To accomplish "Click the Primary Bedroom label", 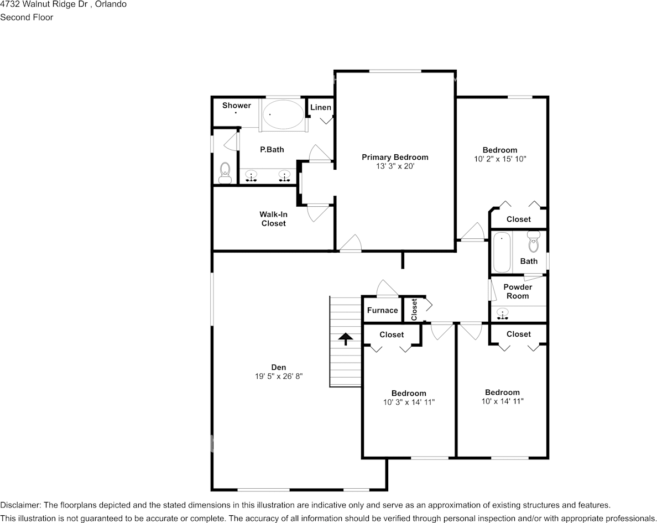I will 395,158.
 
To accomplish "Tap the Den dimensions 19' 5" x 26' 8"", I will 279,376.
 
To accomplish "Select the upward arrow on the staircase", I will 346,338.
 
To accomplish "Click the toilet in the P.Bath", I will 225,172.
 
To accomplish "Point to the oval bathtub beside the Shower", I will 282,114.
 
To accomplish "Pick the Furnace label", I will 382,310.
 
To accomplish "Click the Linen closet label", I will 320,107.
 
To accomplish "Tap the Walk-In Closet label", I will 273,219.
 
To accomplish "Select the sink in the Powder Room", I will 502,314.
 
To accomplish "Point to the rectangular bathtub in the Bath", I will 502,252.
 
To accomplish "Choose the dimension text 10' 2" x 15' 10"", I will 500,159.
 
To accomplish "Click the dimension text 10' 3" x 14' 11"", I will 409,402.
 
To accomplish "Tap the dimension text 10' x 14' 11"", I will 502,401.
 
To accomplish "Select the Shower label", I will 237,106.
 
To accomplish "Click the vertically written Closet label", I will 414,310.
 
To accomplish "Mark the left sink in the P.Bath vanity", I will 252,176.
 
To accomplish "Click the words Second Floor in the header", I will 27,17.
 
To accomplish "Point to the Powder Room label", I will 518,291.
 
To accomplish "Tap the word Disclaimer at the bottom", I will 20,505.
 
